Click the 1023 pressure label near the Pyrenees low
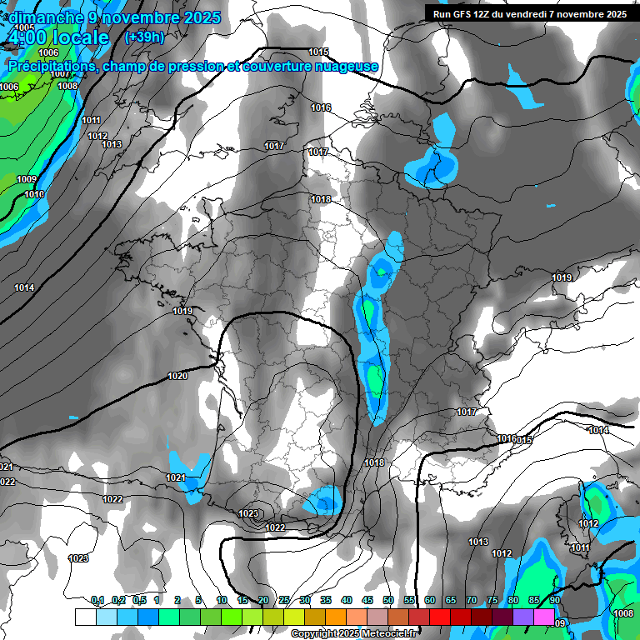point(248,514)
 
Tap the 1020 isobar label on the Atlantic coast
point(177,377)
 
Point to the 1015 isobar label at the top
point(318,52)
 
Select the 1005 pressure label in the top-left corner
point(25,27)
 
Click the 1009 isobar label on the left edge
point(27,179)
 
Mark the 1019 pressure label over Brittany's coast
point(183,312)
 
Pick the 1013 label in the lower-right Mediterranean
point(477,542)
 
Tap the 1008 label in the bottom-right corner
point(622,613)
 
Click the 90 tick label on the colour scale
point(554,600)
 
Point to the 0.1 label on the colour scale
point(97,600)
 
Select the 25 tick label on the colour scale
point(284,600)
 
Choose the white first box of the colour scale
point(85,617)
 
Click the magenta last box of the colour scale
point(544,617)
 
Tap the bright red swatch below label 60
point(439,617)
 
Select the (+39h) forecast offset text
point(144,37)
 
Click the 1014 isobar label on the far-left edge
point(24,287)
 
